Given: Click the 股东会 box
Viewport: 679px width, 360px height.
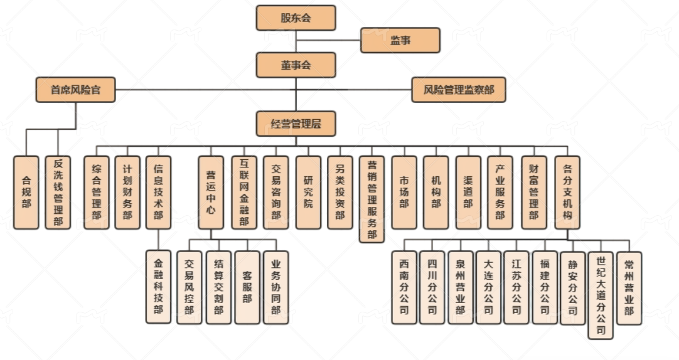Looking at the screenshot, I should [296, 18].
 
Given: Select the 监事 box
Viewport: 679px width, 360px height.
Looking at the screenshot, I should [400, 40].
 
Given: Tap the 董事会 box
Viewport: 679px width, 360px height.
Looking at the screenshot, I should [296, 65].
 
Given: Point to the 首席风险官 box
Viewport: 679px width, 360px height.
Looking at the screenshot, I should [75, 90].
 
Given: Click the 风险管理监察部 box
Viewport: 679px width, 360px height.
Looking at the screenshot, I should [459, 90].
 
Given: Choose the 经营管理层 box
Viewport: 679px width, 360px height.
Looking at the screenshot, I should [296, 124].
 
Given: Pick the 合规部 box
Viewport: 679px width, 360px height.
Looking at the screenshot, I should [26, 192].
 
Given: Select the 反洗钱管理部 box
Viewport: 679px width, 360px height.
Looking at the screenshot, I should [58, 192].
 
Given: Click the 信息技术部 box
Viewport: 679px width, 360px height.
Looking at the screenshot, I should [159, 192].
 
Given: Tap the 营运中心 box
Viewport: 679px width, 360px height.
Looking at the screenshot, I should [211, 192].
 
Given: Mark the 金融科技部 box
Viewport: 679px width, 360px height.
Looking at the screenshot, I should [159, 287].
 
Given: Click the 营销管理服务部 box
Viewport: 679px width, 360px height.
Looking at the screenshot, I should [372, 199].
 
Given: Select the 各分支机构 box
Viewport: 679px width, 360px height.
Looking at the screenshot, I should [568, 192].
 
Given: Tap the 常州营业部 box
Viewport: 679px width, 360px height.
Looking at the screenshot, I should [629, 288].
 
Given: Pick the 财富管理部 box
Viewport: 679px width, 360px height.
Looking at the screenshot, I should [533, 192].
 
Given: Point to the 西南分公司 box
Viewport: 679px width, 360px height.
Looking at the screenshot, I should [404, 288].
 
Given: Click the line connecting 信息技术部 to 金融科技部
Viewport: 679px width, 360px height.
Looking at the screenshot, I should [159, 240].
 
